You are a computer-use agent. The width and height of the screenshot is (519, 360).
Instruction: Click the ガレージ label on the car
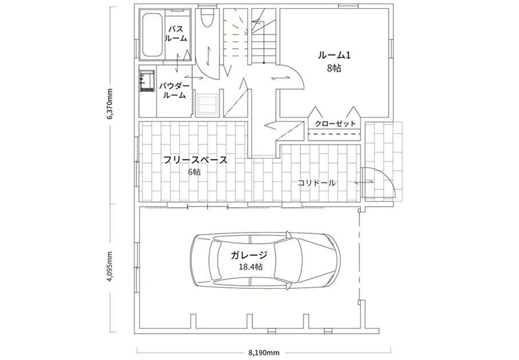(x=249, y=255)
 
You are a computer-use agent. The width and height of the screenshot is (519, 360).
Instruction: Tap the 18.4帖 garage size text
(x=250, y=267)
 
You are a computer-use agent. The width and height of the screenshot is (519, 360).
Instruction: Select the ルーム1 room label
(x=335, y=55)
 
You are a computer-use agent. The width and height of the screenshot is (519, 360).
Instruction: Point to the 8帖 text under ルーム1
(x=335, y=69)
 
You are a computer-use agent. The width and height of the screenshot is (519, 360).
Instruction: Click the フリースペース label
(x=195, y=161)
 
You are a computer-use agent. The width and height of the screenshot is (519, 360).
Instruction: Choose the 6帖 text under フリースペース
(x=194, y=172)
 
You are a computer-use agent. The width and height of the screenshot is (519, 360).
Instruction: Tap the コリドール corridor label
(x=316, y=183)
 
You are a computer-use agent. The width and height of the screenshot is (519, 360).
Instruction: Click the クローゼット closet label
(x=335, y=124)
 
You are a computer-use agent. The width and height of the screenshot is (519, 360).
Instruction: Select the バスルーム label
(x=176, y=34)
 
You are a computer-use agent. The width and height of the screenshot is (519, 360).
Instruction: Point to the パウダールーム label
(x=175, y=91)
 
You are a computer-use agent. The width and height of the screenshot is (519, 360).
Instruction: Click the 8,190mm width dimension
(x=264, y=353)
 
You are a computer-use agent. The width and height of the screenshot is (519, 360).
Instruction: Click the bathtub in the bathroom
(x=152, y=35)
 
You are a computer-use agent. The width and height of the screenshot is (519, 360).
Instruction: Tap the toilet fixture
(x=207, y=18)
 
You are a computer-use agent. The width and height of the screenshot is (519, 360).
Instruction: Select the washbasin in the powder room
(x=147, y=80)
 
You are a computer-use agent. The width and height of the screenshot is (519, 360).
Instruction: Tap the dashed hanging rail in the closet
(x=334, y=134)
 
